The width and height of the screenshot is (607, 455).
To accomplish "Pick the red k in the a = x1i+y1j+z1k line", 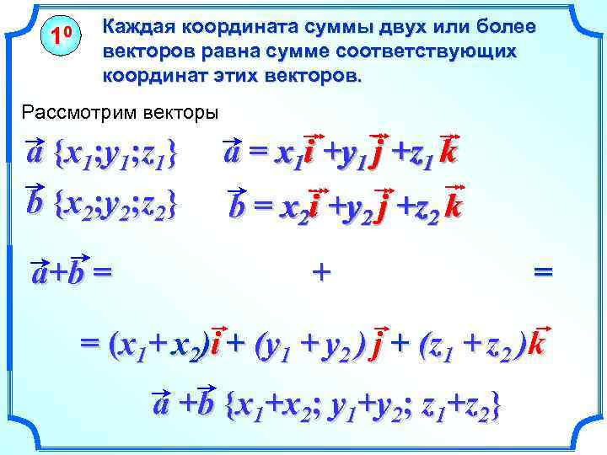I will (449, 155).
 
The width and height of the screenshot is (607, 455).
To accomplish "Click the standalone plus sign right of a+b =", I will (320, 271).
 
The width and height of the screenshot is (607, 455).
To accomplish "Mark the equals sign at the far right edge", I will (544, 271).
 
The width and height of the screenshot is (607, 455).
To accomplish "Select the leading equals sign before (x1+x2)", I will (87, 345).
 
